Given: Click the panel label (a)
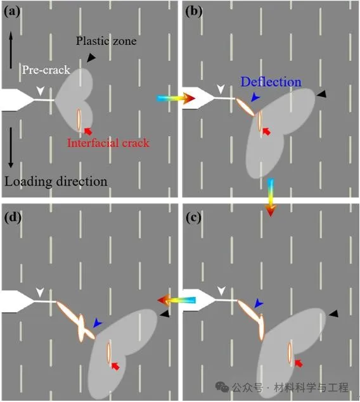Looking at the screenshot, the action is point(12,12).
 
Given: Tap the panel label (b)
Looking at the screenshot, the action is point(193,12).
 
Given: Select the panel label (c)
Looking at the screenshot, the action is point(193,218).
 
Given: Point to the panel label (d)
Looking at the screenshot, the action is point(13,218).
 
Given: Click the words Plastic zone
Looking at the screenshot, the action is point(106,41).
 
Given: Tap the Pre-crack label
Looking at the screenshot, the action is point(46,70).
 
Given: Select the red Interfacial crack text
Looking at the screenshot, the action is point(108,143).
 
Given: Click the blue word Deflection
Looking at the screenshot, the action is point(271,82).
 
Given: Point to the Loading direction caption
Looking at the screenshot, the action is point(56,181).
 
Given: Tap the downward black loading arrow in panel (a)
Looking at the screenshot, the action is point(11,148).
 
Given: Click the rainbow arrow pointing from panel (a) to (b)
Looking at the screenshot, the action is point(176,99).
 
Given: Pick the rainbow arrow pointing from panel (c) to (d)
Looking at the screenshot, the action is point(176,300).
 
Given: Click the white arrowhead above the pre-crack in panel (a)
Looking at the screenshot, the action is point(41,91).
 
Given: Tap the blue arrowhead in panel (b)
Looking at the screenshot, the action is point(256,97).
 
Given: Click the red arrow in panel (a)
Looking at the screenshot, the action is point(88,131).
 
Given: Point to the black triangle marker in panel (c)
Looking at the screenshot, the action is point(334,313).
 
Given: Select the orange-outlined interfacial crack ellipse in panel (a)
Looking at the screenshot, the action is point(79,119).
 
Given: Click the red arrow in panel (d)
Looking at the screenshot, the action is point(116,366).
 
